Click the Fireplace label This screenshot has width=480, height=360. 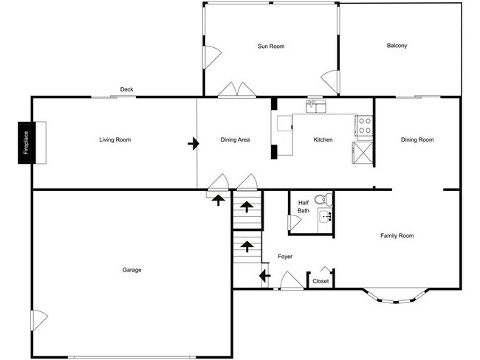click(25, 142)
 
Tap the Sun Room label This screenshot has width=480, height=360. click(271, 46)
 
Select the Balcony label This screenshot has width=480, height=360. click(397, 46)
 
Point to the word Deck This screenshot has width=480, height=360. click(126, 90)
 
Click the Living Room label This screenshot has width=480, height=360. click(114, 139)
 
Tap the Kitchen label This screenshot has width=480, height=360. click(323, 139)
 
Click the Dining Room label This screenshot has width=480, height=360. click(416, 139)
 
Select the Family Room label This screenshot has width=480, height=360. click(397, 236)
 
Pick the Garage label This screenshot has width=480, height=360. click(131, 270)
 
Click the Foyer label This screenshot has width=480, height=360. click(285, 257)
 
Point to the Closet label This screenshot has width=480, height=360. click(320, 281)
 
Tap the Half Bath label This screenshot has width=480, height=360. click(304, 207)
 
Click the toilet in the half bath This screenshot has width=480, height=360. click(320, 199)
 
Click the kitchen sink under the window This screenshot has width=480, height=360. click(316, 107)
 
